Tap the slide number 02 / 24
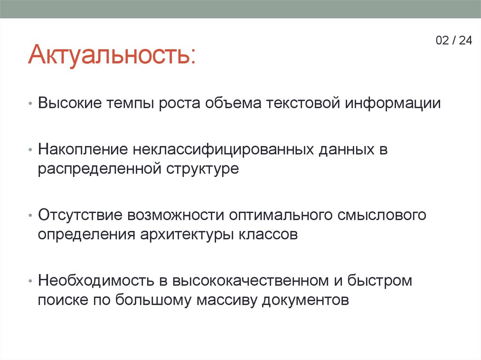click(x=453, y=40)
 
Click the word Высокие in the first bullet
click(x=70, y=103)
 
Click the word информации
click(x=394, y=103)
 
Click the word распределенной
click(x=99, y=169)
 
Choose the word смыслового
click(x=381, y=215)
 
